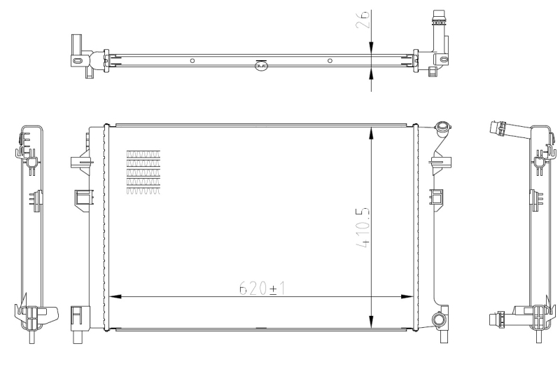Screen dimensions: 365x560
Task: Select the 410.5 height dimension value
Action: (361, 228)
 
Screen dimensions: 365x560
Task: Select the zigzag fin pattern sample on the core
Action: (143, 172)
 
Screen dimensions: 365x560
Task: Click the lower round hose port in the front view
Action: (439, 320)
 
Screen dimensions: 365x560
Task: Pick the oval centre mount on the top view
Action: (260, 66)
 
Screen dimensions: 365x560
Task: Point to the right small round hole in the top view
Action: (329, 61)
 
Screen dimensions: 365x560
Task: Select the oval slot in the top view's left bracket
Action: (76, 61)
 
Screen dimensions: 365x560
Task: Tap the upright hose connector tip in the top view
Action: (439, 15)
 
